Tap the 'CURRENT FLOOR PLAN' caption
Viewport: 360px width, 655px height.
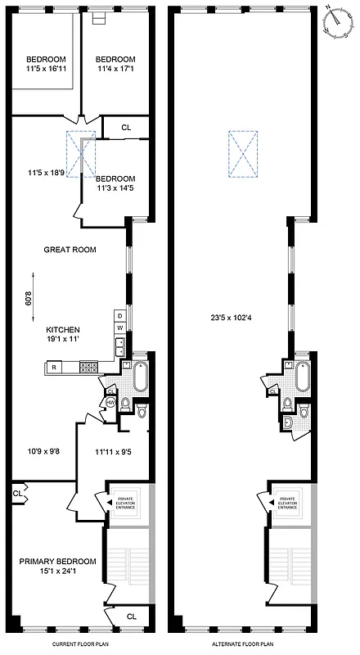[x=81, y=644]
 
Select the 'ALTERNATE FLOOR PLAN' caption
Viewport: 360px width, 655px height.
[x=243, y=644]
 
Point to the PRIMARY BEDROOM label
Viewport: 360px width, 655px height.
[x=58, y=561]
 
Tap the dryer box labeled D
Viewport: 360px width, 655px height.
[x=119, y=315]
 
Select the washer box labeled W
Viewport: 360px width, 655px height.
[x=119, y=327]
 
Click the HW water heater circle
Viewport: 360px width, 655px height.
[x=110, y=401]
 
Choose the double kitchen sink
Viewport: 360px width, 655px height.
[x=119, y=347]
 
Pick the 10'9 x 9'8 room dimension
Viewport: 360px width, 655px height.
[x=46, y=449]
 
